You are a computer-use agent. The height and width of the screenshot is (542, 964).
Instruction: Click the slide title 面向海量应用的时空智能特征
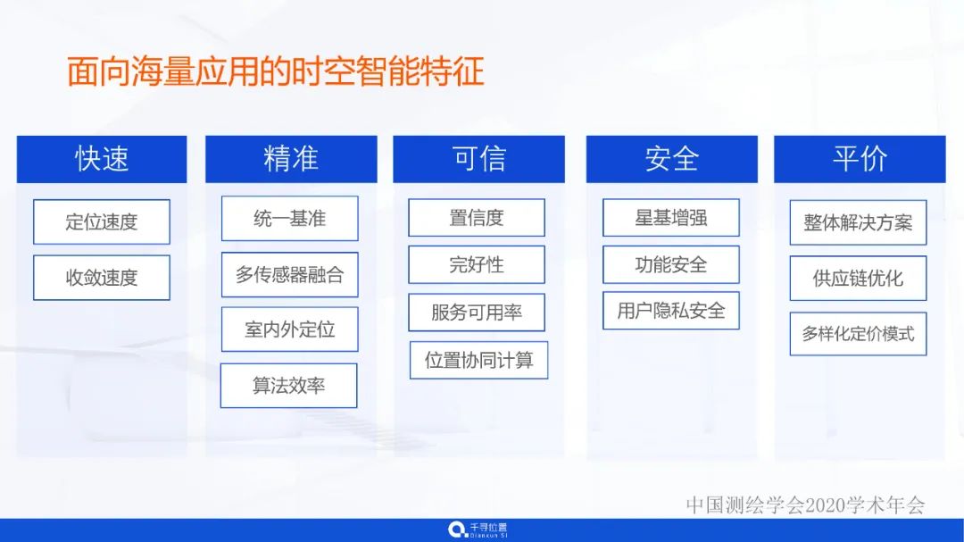[x=275, y=71]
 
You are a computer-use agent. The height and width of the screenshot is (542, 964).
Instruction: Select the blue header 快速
[x=102, y=159]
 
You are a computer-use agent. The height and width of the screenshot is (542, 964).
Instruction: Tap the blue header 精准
[x=291, y=159]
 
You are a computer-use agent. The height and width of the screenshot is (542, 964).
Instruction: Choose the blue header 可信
[x=478, y=159]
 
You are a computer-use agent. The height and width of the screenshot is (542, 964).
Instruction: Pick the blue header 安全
[x=671, y=159]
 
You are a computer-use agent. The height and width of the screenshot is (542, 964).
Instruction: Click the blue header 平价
[x=860, y=159]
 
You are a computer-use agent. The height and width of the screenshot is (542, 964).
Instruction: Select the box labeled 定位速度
[x=102, y=221]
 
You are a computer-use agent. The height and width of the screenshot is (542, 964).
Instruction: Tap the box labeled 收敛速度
[x=102, y=278]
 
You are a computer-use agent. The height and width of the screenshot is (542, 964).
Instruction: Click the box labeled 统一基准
[x=289, y=219]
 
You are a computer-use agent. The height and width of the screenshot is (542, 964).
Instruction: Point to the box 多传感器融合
[x=289, y=275]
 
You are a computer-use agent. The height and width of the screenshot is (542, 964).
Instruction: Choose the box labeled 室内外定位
[x=289, y=329]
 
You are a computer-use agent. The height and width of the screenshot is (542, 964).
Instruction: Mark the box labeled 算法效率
[x=288, y=386]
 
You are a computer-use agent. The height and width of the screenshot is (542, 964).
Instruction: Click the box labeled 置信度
[x=477, y=218]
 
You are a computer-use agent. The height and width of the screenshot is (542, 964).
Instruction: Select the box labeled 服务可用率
[x=477, y=313]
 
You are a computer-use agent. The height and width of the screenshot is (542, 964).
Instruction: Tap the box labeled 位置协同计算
[x=478, y=360]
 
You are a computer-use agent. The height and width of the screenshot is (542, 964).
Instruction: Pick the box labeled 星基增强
[x=671, y=218]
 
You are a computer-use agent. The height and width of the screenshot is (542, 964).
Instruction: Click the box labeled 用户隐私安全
[x=671, y=311]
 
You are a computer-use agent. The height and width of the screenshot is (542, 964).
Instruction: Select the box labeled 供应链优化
[x=858, y=279]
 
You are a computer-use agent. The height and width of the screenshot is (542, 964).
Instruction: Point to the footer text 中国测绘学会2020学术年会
[x=805, y=504]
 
